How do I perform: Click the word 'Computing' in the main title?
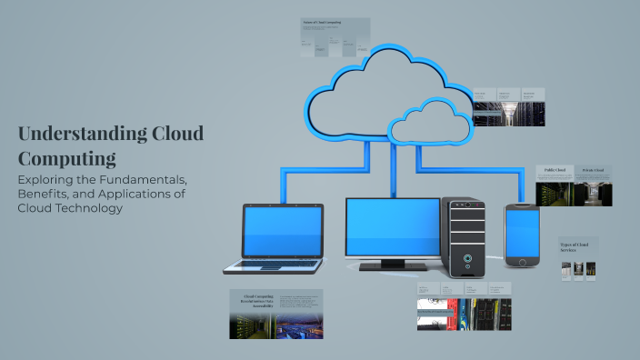tap(67, 158)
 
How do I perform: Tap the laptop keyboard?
tap(274, 265)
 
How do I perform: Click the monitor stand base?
tap(392, 266)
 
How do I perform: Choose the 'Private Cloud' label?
tap(593, 170)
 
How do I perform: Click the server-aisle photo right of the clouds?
tap(508, 113)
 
